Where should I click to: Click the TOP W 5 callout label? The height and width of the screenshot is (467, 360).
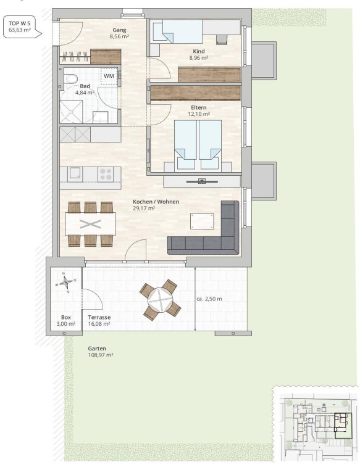tap(20, 27)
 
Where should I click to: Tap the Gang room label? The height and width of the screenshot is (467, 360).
tap(119, 30)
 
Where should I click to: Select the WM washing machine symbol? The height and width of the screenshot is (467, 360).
tap(109, 76)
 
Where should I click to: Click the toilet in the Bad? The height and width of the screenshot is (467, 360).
tap(70, 79)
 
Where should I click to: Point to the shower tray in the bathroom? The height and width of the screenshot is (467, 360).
tap(71, 112)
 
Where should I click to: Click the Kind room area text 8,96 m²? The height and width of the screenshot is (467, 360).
tap(198, 58)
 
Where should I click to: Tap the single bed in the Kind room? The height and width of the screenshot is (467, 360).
tap(178, 31)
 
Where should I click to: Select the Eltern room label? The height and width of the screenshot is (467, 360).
tap(198, 107)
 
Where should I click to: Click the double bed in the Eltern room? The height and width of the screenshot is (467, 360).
tap(198, 146)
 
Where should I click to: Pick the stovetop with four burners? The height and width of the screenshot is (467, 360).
tap(106, 174)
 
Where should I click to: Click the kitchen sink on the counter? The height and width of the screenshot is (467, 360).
tap(75, 175)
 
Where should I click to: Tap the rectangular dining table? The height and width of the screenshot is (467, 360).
tap(91, 224)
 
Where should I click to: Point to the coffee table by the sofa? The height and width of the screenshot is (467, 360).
tap(202, 221)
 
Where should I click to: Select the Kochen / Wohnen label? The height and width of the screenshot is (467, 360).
tap(156, 202)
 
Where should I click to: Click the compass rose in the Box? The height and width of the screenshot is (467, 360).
tap(66, 282)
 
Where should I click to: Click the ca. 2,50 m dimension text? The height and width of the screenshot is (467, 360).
tap(209, 299)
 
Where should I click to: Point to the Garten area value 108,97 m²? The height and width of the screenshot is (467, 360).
tap(101, 355)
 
